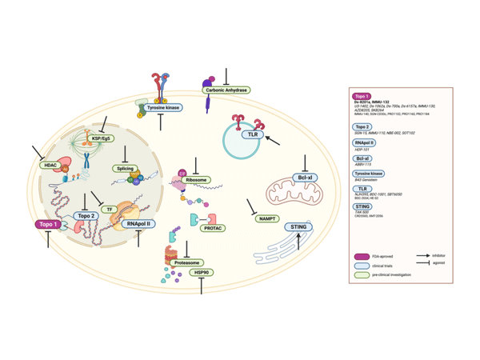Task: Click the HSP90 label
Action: (202, 272)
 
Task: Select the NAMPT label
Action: (267, 218)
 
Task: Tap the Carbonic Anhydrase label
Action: (226, 90)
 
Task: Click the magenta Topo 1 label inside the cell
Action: (46, 226)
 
